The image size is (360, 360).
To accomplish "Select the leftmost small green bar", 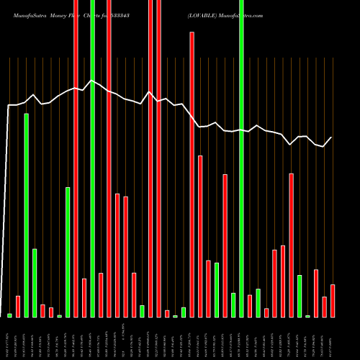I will pyautogui.click(x=10, y=315).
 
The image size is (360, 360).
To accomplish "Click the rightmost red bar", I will pyautogui.click(x=333, y=300).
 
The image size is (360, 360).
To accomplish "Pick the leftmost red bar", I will pyautogui.click(x=18, y=306).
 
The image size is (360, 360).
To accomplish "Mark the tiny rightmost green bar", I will pyautogui.click(x=307, y=315).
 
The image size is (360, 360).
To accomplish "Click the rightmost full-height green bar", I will pyautogui.click(x=242, y=158).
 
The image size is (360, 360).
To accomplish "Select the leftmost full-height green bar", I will pyautogui.click(x=92, y=158).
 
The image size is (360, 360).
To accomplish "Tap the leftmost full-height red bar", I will pyautogui.click(x=76, y=158).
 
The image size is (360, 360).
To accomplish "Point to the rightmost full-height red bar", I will pyautogui.click(x=158, y=158).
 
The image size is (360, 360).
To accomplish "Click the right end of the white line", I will pyautogui.click(x=332, y=138).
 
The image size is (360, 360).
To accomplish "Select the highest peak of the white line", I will pyautogui.click(x=91, y=81).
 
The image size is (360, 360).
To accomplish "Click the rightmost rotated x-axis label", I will pyautogui.click(x=333, y=336).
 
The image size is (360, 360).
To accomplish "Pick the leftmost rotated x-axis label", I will pyautogui.click(x=10, y=336).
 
